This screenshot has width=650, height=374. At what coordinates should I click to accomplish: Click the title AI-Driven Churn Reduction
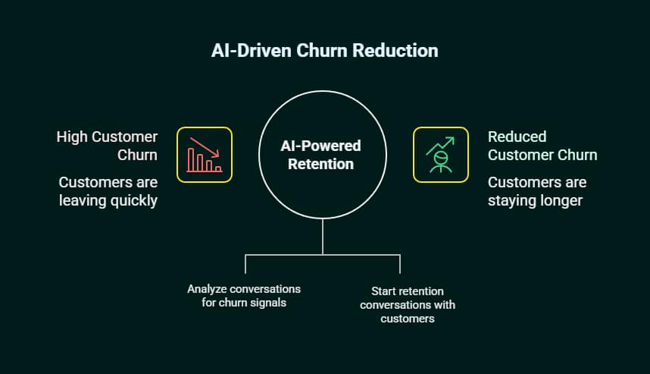(x=324, y=52)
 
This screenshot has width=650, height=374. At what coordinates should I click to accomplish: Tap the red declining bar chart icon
(x=205, y=155)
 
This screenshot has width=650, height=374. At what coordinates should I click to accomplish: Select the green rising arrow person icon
(x=440, y=155)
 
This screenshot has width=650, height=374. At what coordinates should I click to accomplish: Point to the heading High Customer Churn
(x=107, y=146)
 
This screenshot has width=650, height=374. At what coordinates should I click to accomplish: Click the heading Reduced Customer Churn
(x=542, y=146)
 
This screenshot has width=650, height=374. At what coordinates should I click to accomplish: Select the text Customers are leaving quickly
(x=108, y=191)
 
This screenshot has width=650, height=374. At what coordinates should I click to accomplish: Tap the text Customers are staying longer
(x=536, y=191)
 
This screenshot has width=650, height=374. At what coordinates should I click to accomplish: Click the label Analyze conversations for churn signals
(x=244, y=296)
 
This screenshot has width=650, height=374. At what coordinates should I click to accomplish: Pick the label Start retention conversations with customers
(x=408, y=305)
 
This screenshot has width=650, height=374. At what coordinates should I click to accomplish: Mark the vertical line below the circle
(x=323, y=237)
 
